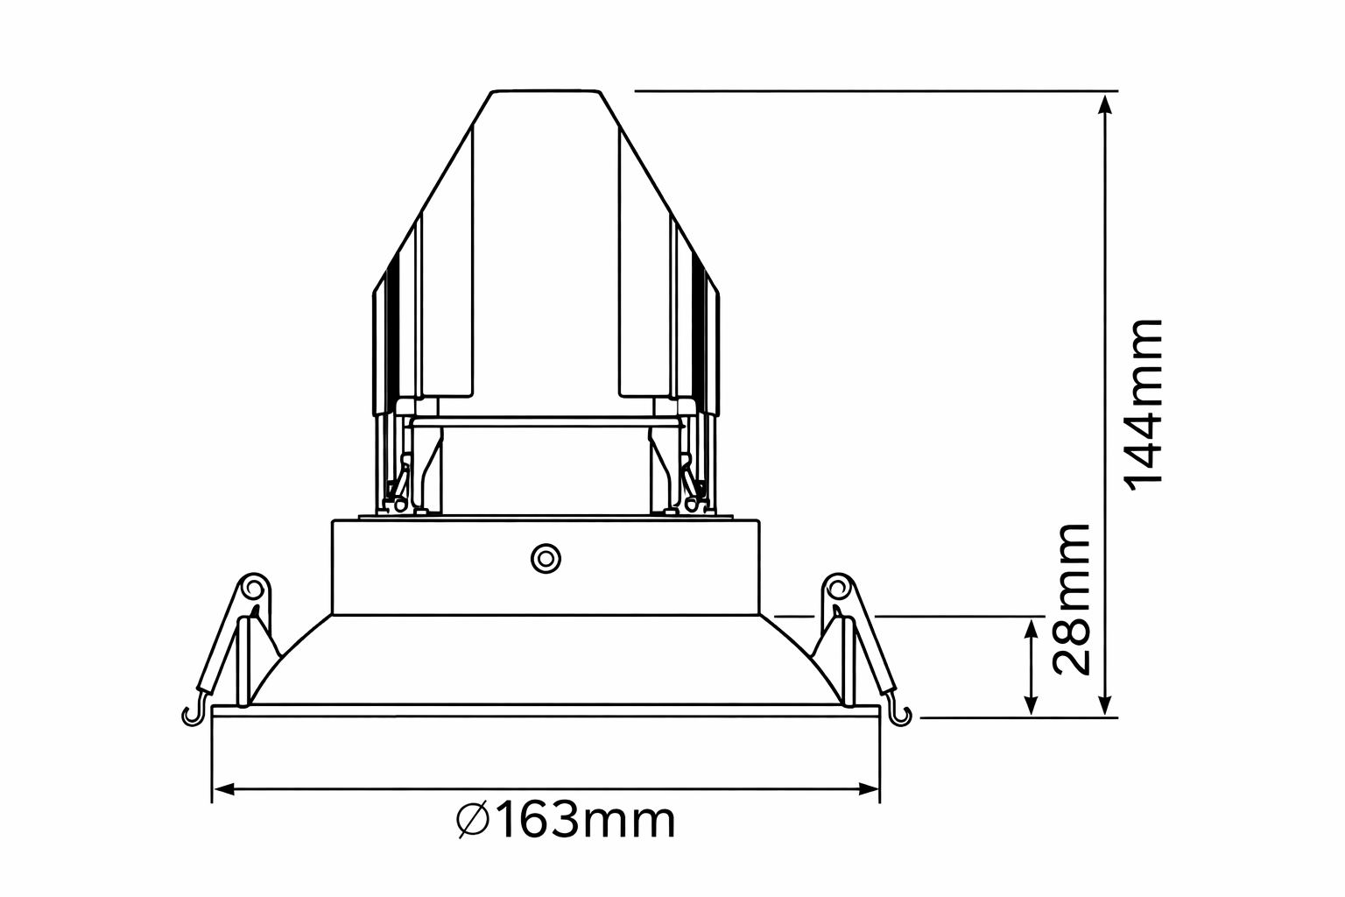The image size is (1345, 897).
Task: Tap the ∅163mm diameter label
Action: [565, 821]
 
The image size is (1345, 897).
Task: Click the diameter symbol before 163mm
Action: [473, 821]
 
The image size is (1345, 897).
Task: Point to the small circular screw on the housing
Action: [546, 559]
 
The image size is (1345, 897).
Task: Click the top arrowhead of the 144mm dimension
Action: [1105, 103]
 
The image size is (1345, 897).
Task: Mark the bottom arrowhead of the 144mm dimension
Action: [1105, 705]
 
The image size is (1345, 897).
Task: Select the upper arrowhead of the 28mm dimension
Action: [1031, 629]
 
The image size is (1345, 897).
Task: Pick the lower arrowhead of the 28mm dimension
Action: [1031, 705]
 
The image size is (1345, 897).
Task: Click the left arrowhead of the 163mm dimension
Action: [223, 789]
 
